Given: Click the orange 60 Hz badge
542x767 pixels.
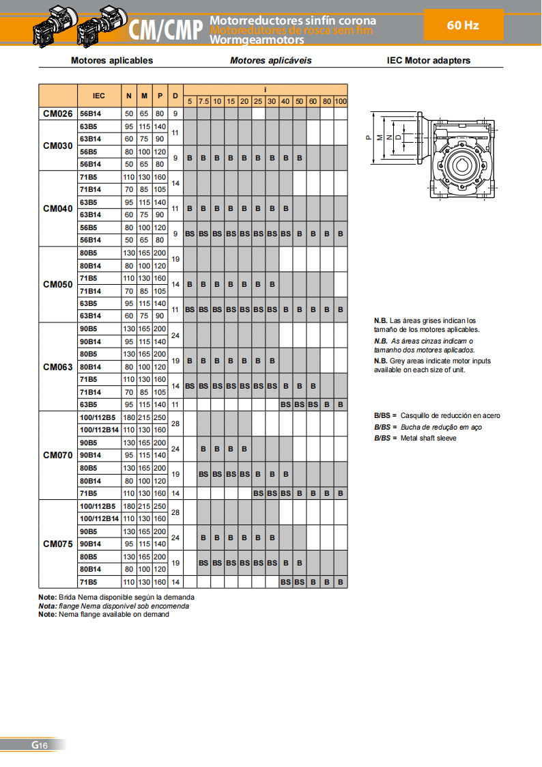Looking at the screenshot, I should pos(463,25).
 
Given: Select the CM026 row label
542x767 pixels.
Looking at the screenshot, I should pos(57,114).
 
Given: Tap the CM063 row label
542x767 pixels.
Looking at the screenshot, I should pos(57,367).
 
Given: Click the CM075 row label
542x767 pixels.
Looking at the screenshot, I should pos(57,544).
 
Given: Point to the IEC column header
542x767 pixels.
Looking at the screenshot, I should pos(99,95).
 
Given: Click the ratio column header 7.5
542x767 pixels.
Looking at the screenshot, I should pos(203,101).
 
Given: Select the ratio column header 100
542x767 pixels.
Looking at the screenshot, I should pos(341,101).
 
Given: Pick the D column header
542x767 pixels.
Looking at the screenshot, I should pos(175,95).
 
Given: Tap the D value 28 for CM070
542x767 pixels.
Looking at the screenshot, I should pos(175,424).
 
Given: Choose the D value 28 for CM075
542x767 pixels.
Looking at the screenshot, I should pos(175,512).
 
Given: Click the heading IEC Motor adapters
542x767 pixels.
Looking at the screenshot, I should pos(429,60).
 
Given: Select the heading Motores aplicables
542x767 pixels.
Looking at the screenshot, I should pos(112,60).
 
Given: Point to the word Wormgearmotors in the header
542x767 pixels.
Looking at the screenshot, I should pos(257,40).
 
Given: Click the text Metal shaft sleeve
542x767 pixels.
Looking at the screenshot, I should pos(429,438).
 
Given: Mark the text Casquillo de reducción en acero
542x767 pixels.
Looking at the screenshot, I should pos(451,415).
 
